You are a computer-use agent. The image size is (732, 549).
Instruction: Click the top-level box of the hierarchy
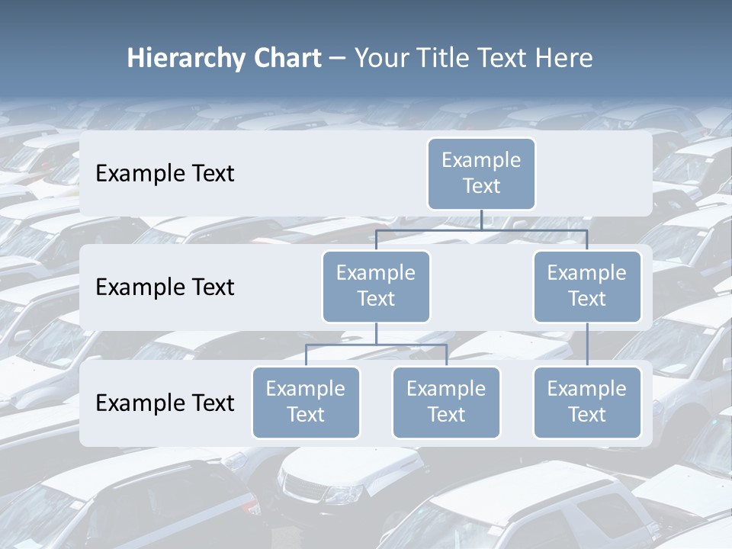(x=481, y=173)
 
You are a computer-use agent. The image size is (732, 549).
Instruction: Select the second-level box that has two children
(x=376, y=286)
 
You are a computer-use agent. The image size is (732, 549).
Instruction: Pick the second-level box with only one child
(x=587, y=286)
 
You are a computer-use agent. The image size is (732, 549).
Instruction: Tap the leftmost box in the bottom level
(x=306, y=402)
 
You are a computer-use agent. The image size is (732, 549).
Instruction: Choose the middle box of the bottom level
(x=446, y=402)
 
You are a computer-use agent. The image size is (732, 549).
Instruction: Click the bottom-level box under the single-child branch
(x=587, y=402)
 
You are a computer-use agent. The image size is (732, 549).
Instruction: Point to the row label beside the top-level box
(x=165, y=173)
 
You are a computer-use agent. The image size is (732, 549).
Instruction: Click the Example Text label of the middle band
(x=165, y=287)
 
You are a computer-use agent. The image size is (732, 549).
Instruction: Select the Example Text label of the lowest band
(x=165, y=403)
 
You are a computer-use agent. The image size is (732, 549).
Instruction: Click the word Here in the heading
(x=566, y=58)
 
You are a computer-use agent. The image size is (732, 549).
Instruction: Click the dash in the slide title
(x=337, y=59)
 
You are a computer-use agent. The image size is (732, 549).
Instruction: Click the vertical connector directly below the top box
(x=481, y=220)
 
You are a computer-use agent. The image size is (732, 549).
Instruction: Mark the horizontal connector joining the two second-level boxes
(x=481, y=230)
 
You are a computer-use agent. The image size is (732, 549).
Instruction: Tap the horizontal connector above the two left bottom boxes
(x=376, y=345)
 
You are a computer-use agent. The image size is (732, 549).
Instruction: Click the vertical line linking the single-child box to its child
(x=587, y=344)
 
